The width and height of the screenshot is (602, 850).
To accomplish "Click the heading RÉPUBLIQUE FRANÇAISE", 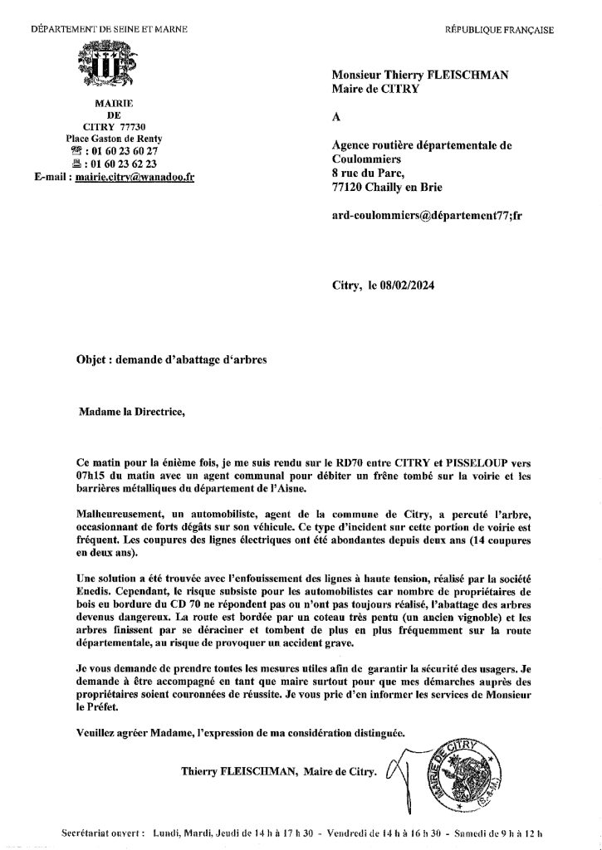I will [499, 30].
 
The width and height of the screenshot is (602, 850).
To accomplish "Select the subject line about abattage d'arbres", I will [169, 359].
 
